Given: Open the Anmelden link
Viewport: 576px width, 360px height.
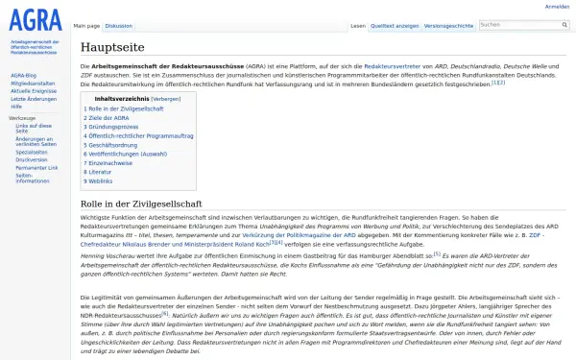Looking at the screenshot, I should [x=557, y=7].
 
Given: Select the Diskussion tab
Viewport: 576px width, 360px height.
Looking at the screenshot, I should [x=119, y=25].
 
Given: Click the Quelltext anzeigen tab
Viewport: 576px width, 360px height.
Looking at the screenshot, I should [x=394, y=25].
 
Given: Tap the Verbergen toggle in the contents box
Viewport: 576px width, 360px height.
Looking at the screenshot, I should [x=165, y=98].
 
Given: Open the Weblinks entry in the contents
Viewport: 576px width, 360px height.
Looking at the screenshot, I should [x=101, y=180].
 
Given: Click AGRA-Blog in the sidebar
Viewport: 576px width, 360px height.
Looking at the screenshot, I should [x=24, y=75].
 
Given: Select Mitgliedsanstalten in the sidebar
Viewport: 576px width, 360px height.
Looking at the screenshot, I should [x=31, y=83].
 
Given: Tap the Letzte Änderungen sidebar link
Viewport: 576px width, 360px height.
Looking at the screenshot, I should [x=32, y=99].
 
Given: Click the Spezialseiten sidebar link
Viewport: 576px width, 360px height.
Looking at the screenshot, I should [x=32, y=152].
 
